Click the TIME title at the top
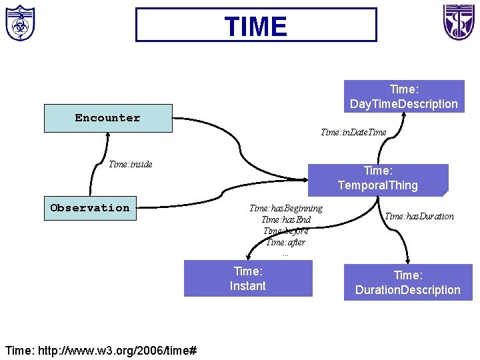tap(256, 25)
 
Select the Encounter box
tap(107, 118)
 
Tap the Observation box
tap(90, 207)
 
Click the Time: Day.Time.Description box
tap(404, 97)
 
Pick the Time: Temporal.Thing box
tap(377, 178)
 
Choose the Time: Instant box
tap(248, 278)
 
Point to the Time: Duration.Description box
tap(407, 282)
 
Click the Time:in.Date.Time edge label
tap(353, 132)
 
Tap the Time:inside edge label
tap(131, 164)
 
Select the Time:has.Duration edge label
tap(420, 216)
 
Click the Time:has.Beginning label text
tap(285, 209)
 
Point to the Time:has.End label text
tap(286, 219)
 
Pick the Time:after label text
tap(286, 242)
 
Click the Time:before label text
tap(286, 231)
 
